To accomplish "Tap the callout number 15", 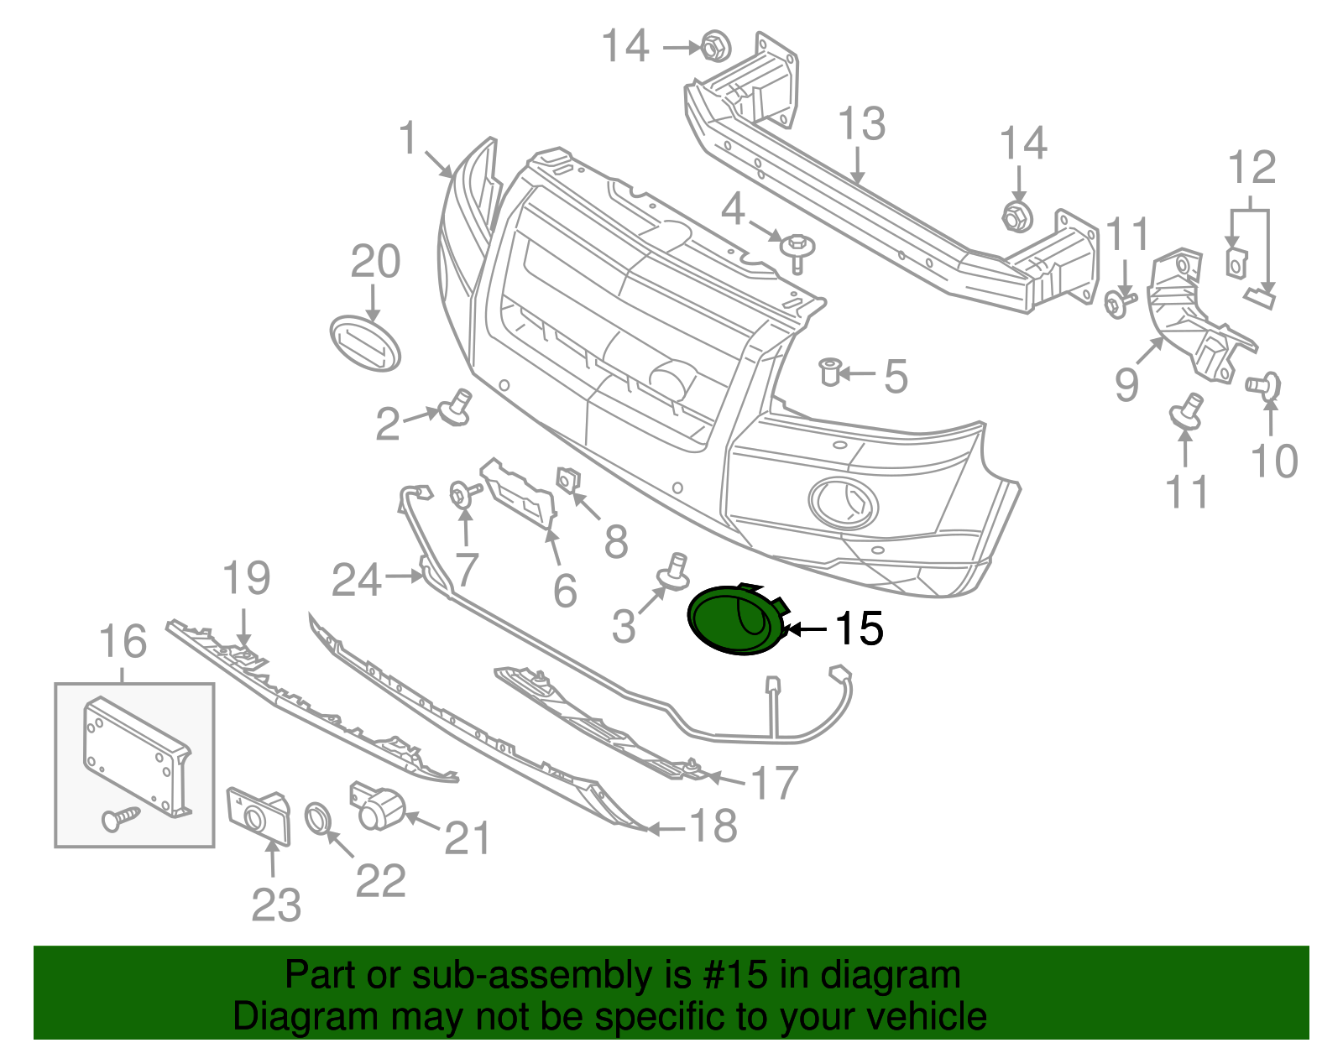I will [859, 628].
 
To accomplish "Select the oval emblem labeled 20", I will [365, 343].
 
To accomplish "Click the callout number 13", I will [862, 124].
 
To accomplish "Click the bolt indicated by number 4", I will [794, 249].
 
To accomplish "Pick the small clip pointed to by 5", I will [830, 370].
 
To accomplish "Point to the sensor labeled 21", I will [377, 806].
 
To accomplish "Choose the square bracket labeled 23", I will [259, 813].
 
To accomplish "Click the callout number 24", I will [357, 580].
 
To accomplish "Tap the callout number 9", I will [1126, 384].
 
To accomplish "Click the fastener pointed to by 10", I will [1264, 385].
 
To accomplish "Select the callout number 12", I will [1252, 168].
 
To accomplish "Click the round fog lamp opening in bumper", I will [843, 503].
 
